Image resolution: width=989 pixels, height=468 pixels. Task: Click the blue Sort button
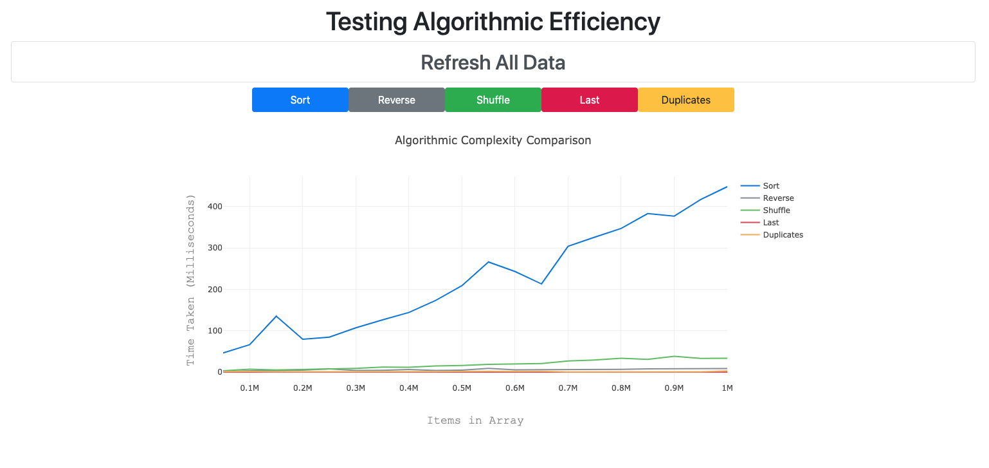tap(300, 100)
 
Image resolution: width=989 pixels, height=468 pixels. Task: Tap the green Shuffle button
tap(493, 100)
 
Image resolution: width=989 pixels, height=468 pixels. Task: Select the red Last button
tap(589, 100)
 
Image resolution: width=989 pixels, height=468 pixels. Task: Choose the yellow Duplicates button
tap(685, 100)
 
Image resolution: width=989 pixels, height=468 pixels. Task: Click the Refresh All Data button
tap(493, 62)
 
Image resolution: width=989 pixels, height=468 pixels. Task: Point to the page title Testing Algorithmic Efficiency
tap(493, 22)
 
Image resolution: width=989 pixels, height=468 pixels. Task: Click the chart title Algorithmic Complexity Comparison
tap(493, 140)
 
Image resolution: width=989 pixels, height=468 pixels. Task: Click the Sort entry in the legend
tap(771, 186)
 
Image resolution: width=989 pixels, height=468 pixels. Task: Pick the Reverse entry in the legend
tap(778, 198)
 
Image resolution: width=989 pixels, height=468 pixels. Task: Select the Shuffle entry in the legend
tap(776, 211)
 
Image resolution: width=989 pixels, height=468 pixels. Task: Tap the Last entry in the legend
tap(771, 223)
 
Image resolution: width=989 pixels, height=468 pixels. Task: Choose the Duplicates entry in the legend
tap(783, 235)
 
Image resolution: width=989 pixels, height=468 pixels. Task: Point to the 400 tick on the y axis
tap(213, 207)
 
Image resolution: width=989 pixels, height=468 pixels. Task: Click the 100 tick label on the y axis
tap(213, 331)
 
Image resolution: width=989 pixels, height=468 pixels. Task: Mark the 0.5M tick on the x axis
tap(462, 388)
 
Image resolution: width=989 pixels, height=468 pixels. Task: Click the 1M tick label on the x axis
tap(727, 388)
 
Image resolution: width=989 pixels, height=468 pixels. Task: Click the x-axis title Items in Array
tap(475, 420)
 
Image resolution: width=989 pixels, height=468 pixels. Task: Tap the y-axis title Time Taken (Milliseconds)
tap(190, 281)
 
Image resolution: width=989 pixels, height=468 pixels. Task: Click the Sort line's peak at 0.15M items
tap(276, 316)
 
